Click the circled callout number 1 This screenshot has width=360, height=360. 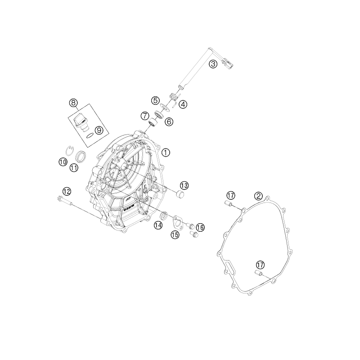click(x=166, y=153)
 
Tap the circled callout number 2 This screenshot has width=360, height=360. click(x=258, y=196)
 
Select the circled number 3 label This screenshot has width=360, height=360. click(x=213, y=64)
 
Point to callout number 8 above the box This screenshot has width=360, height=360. click(x=73, y=103)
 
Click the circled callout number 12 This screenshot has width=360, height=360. click(x=67, y=191)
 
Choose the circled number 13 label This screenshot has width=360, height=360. click(x=184, y=185)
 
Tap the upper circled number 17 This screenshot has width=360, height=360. click(x=231, y=196)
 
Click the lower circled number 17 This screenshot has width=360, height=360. click(x=261, y=265)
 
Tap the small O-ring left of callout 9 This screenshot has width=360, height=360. click(x=90, y=136)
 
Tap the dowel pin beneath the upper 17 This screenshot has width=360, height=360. click(x=228, y=203)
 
